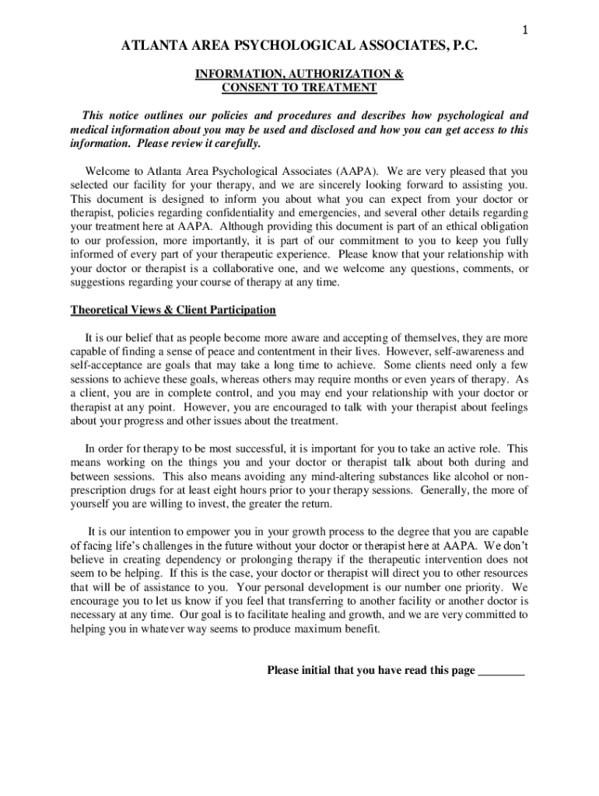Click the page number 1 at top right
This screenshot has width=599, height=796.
click(525, 30)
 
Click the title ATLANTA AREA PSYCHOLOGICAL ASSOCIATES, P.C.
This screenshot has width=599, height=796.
click(299, 48)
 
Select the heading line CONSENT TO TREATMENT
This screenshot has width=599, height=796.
click(299, 88)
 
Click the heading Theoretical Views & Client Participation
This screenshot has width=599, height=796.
click(173, 310)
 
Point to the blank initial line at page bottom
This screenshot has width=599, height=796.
click(501, 671)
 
